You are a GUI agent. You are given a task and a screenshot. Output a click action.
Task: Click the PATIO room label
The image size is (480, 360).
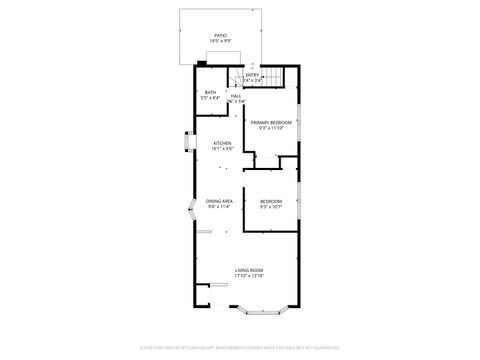coord(219,35)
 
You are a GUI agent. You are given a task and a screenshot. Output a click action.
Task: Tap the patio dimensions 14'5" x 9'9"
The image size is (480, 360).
coord(219,41)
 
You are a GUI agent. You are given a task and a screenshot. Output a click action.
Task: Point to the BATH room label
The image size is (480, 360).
coord(209,92)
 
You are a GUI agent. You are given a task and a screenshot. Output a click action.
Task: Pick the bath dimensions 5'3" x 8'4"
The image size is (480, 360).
coord(209,98)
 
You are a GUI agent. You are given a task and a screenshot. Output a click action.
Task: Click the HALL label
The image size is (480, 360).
coord(236,96)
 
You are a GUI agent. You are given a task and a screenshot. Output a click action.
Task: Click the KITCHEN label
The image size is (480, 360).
coord(222,143)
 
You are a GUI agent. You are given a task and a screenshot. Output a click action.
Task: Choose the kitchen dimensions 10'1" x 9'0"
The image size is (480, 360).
coord(222,149)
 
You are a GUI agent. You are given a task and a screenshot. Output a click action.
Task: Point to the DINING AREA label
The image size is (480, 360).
coord(220,201)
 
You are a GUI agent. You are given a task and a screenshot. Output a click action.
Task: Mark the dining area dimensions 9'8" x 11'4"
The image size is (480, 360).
coord(220,207)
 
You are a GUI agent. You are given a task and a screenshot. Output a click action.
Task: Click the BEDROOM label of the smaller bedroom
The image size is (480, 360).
coord(271,201)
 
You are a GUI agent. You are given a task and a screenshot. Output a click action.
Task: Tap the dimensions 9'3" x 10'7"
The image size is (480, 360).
coord(271,207)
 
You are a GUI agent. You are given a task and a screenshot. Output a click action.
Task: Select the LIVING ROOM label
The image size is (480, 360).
coord(249,270)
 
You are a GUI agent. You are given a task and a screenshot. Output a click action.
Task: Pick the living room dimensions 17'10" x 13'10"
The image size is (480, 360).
coord(249,276)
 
